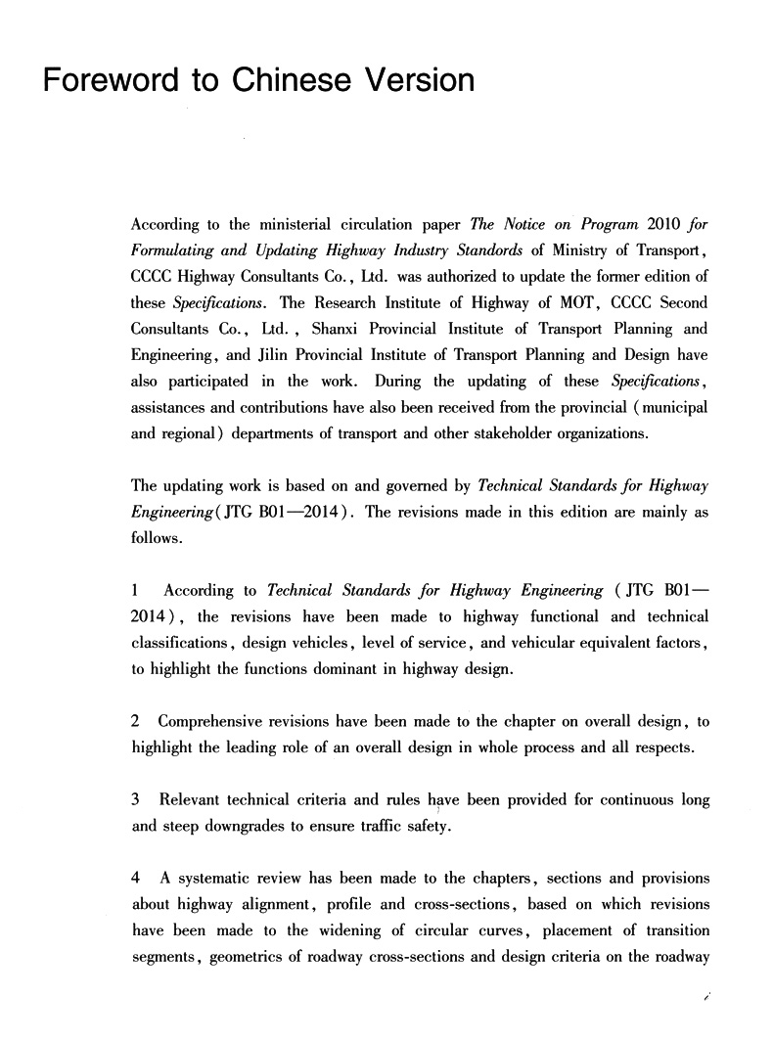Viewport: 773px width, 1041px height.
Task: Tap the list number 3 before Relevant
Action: click(x=135, y=800)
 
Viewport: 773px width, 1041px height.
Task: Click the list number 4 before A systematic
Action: click(x=135, y=879)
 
